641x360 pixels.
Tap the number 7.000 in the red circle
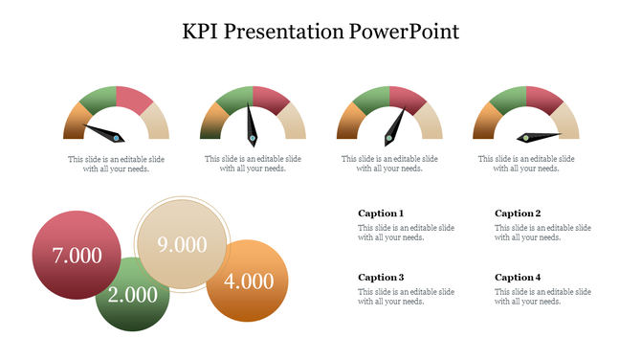point(77,256)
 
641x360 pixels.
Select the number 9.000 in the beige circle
point(182,244)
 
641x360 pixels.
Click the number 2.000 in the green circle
point(132,294)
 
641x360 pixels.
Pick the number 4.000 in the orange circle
point(249,281)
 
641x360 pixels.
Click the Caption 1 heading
point(381,214)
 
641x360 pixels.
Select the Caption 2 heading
point(518,214)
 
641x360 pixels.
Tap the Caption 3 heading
point(381,278)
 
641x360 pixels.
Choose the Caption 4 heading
point(518,278)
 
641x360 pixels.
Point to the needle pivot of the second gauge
point(253,139)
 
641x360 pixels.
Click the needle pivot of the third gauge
point(389,139)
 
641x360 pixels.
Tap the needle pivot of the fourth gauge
point(525,138)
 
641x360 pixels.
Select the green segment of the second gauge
point(233,99)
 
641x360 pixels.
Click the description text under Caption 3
point(406,296)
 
